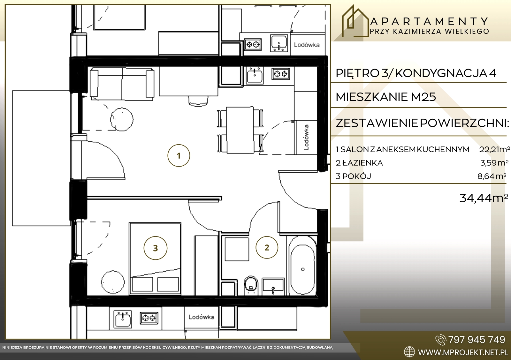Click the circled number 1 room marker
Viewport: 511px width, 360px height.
pyautogui.click(x=179, y=155)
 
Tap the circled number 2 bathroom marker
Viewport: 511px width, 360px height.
pyautogui.click(x=267, y=247)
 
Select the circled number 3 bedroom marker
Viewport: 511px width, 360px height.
pyautogui.click(x=155, y=248)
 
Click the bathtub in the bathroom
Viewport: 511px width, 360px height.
pyautogui.click(x=302, y=269)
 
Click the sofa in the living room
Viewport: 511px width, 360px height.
pyautogui.click(x=122, y=84)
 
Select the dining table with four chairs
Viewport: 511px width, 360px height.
pyautogui.click(x=240, y=130)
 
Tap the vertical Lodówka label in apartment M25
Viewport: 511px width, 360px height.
pyautogui.click(x=306, y=137)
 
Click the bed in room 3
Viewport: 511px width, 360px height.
pyautogui.click(x=155, y=259)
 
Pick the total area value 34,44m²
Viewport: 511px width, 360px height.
pyautogui.click(x=484, y=198)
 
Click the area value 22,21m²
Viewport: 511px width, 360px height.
pyautogui.click(x=494, y=149)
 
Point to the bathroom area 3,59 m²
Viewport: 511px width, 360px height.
pyautogui.click(x=494, y=163)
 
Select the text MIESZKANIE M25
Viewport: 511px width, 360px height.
pyautogui.click(x=386, y=97)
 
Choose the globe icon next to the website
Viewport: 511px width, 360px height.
pyautogui.click(x=409, y=352)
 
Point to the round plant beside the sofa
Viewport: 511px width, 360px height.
pyautogui.click(x=122, y=119)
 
